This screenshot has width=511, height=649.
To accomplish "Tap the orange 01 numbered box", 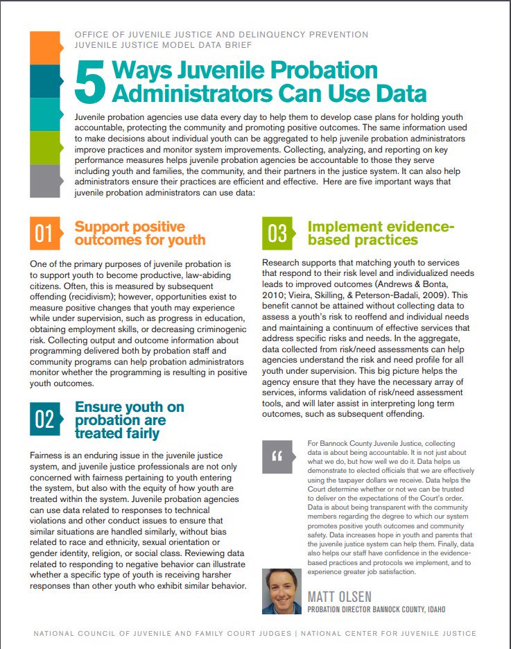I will pyautogui.click(x=44, y=234).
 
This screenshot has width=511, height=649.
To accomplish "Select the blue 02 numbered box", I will pyautogui.click(x=44, y=419).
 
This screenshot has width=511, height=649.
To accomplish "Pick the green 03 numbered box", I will pyautogui.click(x=277, y=234).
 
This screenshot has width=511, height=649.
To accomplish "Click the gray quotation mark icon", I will pyautogui.click(x=277, y=456).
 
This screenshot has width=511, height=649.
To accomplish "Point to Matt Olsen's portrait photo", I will pyautogui.click(x=282, y=591).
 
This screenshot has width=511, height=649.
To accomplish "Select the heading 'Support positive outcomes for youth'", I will pyautogui.click(x=139, y=234).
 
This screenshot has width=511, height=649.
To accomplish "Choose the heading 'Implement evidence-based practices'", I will pyautogui.click(x=380, y=234).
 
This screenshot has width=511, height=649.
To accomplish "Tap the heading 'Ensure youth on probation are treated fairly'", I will pyautogui.click(x=129, y=419).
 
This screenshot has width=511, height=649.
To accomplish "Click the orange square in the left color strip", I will pyautogui.click(x=46, y=48).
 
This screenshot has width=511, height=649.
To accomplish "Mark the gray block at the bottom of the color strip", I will pyautogui.click(x=46, y=181).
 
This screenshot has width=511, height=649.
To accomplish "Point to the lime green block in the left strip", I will pyautogui.click(x=46, y=148).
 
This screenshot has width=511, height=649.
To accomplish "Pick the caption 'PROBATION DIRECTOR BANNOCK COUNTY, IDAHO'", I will pyautogui.click(x=376, y=609).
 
